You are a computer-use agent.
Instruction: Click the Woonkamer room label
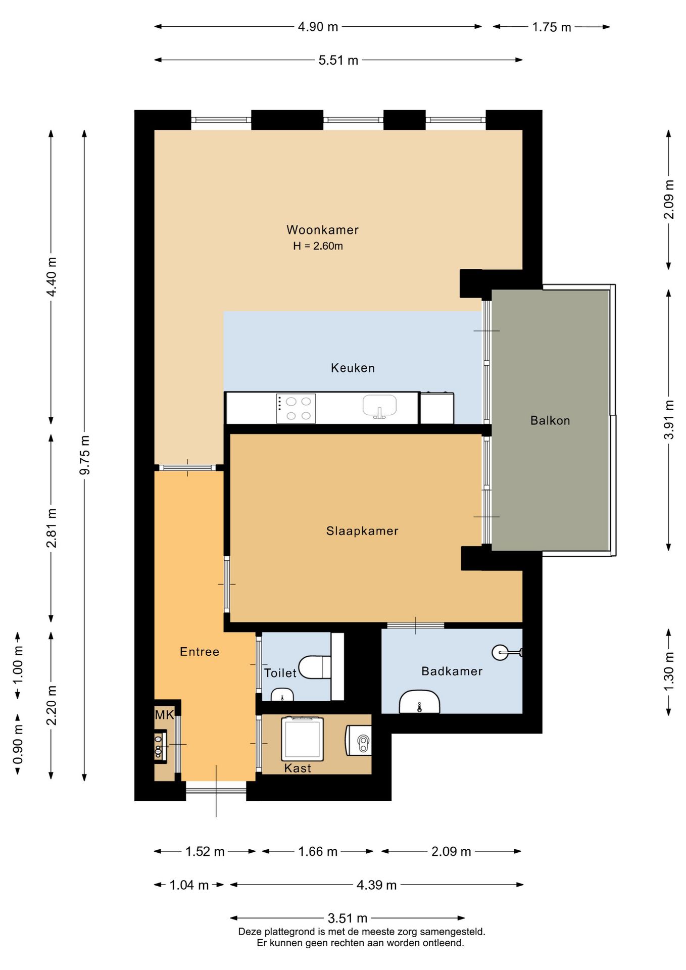pyautogui.click(x=322, y=230)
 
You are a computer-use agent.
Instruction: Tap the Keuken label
pyautogui.click(x=353, y=368)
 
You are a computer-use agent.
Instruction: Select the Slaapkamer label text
pyautogui.click(x=362, y=531)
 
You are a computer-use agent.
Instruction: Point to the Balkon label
pyautogui.click(x=550, y=420)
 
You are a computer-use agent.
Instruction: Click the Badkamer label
pyautogui.click(x=452, y=671)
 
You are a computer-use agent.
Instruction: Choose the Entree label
pyautogui.click(x=200, y=652)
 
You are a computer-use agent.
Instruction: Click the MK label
pyautogui.click(x=164, y=715)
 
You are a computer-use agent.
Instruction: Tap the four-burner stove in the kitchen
pyautogui.click(x=296, y=409)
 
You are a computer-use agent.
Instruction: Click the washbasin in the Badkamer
pyautogui.click(x=419, y=702)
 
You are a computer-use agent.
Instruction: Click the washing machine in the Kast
pyautogui.click(x=302, y=739)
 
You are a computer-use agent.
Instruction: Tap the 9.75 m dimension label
pyautogui.click(x=85, y=455)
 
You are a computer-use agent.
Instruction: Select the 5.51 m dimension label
pyautogui.click(x=338, y=60)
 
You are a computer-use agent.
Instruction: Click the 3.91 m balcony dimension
pyautogui.click(x=669, y=420)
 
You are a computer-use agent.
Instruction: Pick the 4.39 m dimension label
pyautogui.click(x=376, y=885)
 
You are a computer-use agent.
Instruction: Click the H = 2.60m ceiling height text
pyautogui.click(x=318, y=246)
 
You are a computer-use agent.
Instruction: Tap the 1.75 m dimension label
pyautogui.click(x=552, y=27)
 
